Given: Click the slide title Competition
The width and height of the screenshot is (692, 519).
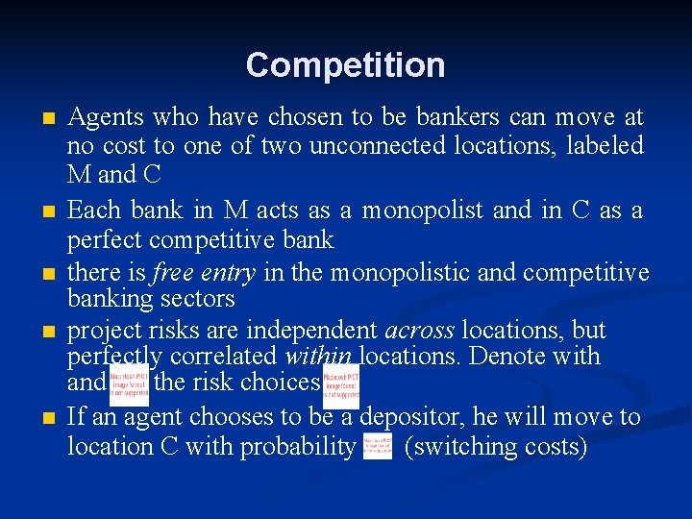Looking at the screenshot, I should [345, 65].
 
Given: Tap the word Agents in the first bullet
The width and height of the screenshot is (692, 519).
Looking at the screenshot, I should [103, 118].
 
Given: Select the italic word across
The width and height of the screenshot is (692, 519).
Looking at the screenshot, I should [419, 331].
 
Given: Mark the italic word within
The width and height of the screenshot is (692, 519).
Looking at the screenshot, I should [320, 357].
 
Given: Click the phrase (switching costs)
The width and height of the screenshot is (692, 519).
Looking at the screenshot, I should [496, 446].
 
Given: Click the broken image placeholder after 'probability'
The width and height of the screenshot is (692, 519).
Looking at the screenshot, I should [378, 446].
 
